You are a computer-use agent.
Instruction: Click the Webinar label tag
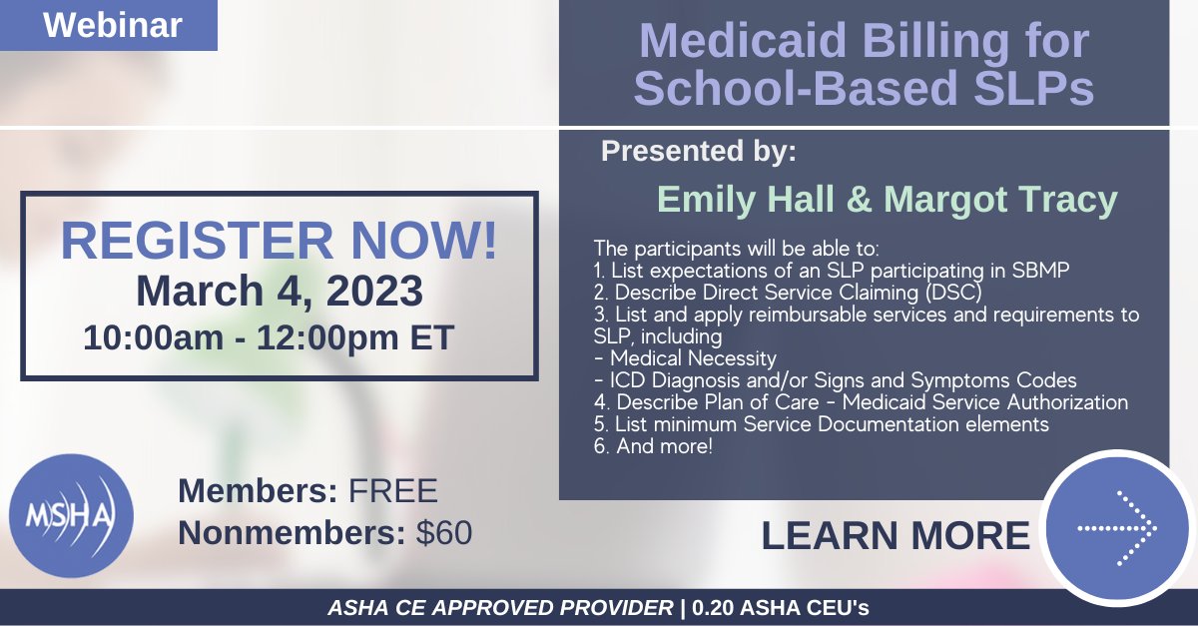[x=112, y=25]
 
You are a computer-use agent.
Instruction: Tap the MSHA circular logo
[x=71, y=515]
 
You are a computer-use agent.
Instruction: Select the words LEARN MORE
[x=895, y=536]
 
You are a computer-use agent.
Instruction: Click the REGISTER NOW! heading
[x=280, y=243]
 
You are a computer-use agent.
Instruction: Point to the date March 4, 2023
[x=280, y=292]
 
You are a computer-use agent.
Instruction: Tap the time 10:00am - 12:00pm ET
[x=269, y=336]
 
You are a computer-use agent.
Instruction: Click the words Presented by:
[x=699, y=152]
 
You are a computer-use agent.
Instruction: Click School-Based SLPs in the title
[x=864, y=88]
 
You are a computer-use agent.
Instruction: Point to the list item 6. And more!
[x=653, y=447]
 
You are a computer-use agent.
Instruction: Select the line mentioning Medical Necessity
[x=685, y=358]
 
